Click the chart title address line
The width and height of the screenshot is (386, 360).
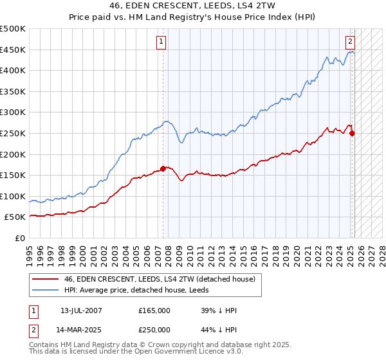point(193,6)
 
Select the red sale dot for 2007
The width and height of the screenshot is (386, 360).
point(163,169)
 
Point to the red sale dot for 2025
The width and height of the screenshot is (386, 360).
point(352,133)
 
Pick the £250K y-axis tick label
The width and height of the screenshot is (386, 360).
point(14,133)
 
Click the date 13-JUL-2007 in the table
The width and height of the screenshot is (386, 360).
point(81,310)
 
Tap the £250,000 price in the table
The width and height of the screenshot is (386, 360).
point(154,329)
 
